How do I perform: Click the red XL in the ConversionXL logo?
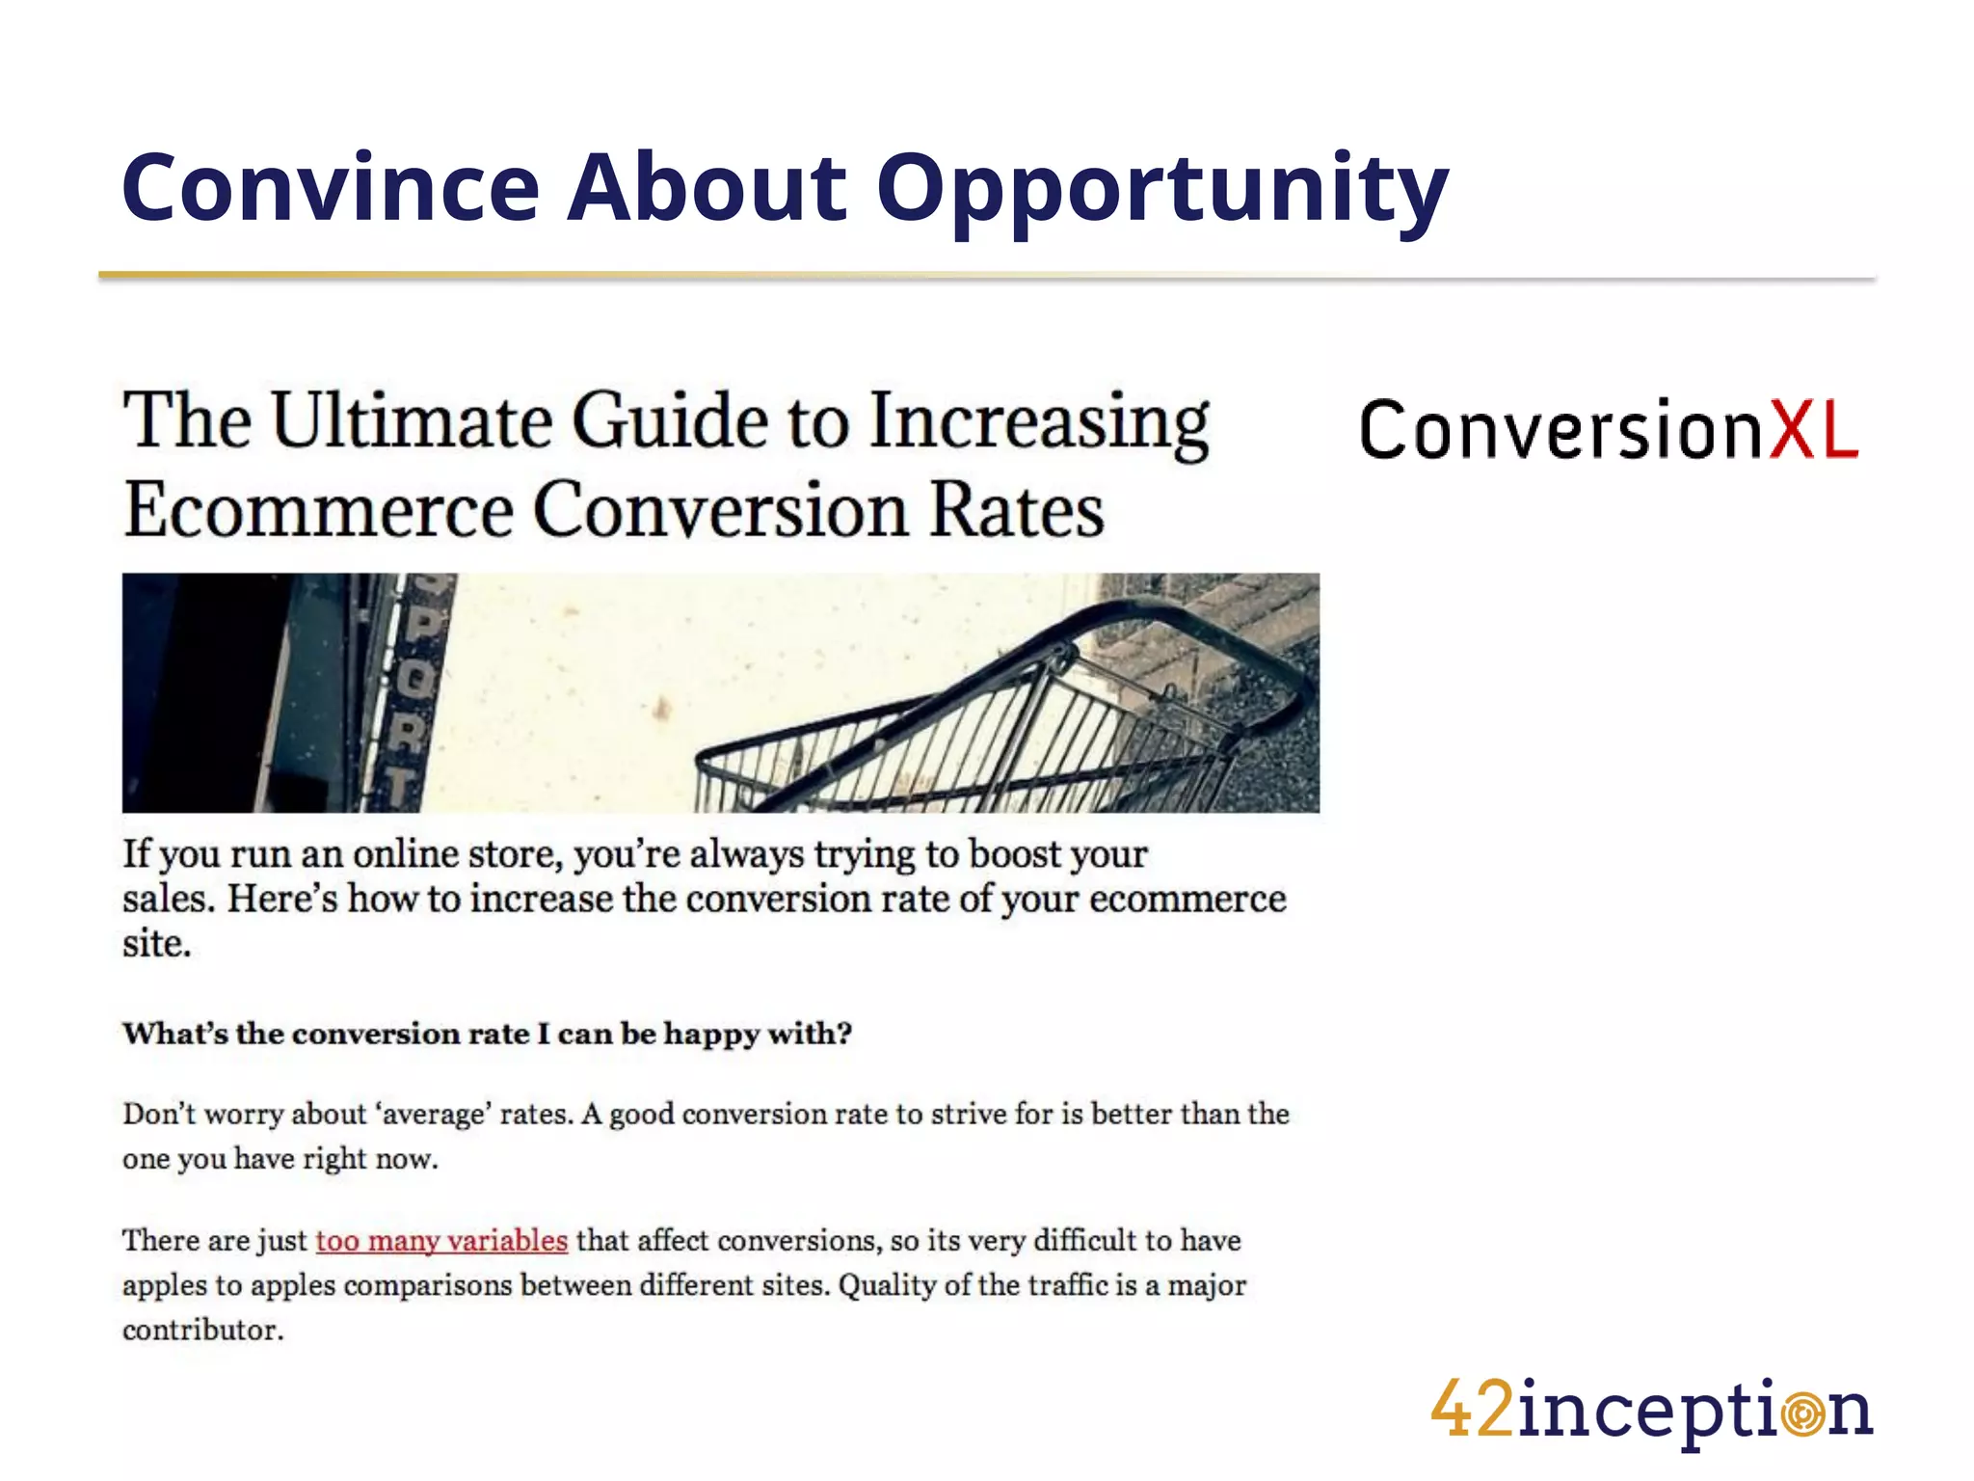(x=1812, y=430)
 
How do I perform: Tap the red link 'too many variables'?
(x=441, y=1241)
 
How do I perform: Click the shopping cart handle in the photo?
(x=1205, y=627)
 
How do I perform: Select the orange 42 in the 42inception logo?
(x=1472, y=1410)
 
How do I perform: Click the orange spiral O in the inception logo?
(x=1803, y=1414)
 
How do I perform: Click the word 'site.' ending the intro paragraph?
(x=156, y=944)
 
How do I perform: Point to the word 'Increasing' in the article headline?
(x=1039, y=422)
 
